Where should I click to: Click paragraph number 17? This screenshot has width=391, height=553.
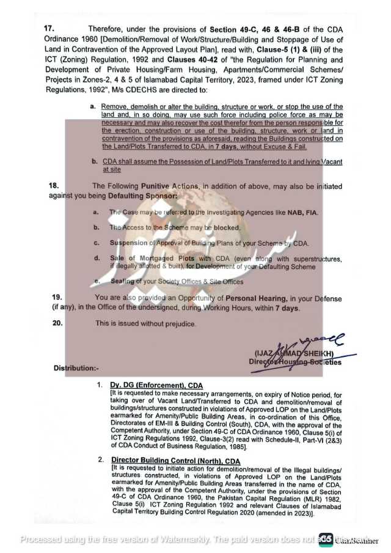pyautogui.click(x=48, y=29)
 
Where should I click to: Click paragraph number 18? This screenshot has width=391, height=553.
pyautogui.click(x=53, y=186)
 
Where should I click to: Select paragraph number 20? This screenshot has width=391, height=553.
pyautogui.click(x=56, y=323)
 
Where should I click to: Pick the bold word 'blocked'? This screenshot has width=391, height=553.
pyautogui.click(x=226, y=227)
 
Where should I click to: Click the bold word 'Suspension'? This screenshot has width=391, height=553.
pyautogui.click(x=128, y=243)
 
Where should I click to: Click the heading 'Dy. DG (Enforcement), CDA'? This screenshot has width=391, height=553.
pyautogui.click(x=156, y=385)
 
